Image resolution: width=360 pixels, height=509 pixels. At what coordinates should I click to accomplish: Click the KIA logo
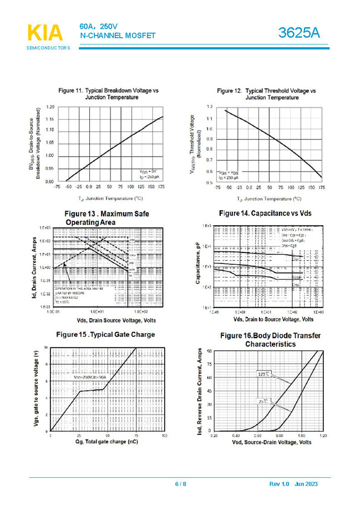coord(45,33)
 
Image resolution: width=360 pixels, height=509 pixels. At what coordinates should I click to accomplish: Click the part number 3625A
coord(300,33)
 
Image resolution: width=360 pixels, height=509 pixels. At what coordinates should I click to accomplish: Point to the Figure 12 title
coord(266,93)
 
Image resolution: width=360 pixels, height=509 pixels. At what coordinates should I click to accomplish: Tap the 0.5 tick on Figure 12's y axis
coord(210,182)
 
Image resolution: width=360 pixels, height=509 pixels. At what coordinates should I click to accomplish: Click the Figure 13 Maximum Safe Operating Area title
coord(107,218)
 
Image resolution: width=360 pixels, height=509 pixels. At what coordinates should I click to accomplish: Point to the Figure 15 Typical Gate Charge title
coord(105,335)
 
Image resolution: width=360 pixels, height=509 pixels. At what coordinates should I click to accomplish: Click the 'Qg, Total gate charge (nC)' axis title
coord(106,442)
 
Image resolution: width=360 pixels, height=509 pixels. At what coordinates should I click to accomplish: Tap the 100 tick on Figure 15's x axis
coord(164,436)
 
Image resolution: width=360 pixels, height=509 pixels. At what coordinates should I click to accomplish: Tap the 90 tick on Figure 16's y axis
coord(209,351)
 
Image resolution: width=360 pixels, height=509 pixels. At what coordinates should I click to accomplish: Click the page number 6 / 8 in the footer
coord(181,485)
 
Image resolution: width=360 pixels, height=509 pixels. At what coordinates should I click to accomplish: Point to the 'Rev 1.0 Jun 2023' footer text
coord(293,485)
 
